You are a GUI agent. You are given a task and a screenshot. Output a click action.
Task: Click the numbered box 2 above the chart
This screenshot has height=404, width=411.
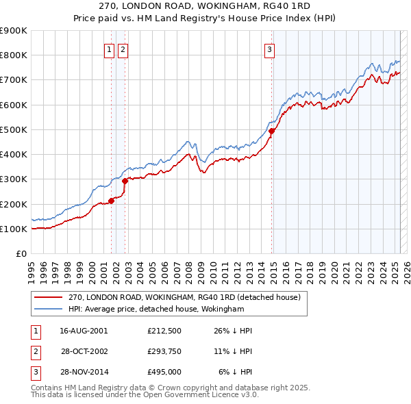(122, 49)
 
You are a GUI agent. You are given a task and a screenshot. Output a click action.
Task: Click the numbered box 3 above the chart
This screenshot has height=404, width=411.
(270, 49)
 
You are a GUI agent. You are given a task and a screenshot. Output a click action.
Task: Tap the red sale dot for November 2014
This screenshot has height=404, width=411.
(272, 131)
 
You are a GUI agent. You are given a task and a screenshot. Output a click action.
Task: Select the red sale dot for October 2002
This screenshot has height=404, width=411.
(125, 181)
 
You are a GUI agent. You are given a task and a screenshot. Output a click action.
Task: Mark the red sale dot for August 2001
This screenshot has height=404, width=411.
(111, 201)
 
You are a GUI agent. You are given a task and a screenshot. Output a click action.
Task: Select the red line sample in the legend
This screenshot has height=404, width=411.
(49, 298)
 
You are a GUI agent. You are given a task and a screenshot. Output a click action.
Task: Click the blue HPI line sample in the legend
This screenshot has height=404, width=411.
(49, 310)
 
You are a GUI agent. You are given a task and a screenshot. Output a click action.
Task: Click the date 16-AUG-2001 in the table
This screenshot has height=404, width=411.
(84, 331)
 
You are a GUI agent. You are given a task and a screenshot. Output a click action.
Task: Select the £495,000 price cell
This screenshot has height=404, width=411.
(164, 372)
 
